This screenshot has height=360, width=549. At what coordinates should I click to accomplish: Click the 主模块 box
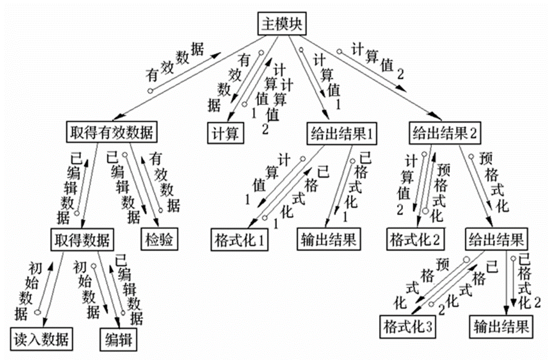coord(282,24)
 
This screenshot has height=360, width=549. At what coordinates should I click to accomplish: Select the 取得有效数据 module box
coord(112,132)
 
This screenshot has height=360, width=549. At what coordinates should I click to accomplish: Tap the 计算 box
coord(226,133)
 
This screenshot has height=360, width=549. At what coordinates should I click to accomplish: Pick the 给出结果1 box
coord(342,133)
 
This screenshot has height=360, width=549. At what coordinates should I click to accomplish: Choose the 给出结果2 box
coord(445,133)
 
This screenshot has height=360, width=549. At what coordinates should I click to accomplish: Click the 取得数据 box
coord(82,240)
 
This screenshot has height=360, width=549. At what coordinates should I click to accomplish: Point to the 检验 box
coord(159,239)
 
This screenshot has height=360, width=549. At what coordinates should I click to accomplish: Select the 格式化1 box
coord(240,240)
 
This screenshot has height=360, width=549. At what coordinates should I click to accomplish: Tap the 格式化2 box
coord(415,239)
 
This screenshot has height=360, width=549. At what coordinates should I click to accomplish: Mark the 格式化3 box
coord(408,327)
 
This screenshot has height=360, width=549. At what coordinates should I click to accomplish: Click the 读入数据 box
coord(41,339)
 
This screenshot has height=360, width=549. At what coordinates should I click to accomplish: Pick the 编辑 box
coord(118,339)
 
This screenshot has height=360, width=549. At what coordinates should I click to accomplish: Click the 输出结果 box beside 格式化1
coord(328,239)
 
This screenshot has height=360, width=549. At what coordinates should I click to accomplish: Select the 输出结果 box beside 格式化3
coord(501,327)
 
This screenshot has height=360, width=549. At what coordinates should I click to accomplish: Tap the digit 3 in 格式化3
coord(429,327)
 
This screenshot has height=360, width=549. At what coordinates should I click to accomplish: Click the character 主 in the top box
coord(268,24)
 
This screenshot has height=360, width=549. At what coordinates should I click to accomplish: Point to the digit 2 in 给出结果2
coord(473,133)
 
